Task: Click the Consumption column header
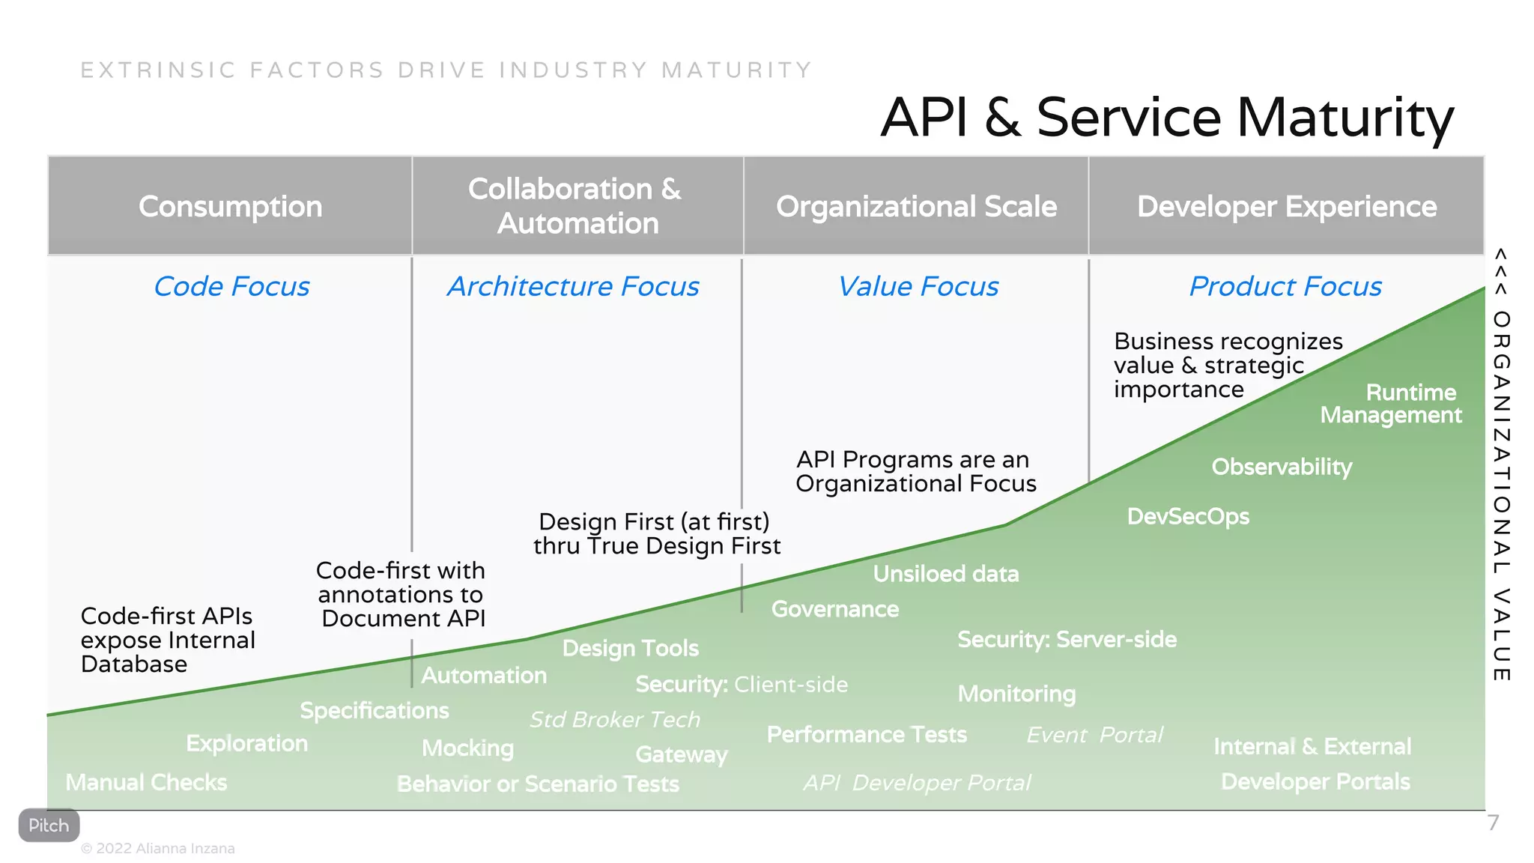[x=230, y=206]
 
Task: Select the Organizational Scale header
[x=916, y=206]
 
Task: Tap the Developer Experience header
[x=1286, y=206]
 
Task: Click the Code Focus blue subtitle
[x=231, y=286]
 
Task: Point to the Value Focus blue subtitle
[x=918, y=286]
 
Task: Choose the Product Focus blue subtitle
[x=1285, y=286]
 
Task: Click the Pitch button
[x=49, y=825]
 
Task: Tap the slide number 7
[x=1493, y=823]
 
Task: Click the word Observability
[x=1282, y=467]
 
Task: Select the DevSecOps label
[x=1188, y=516]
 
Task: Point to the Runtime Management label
[x=1392, y=404]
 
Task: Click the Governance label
[x=835, y=609]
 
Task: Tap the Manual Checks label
[x=146, y=782]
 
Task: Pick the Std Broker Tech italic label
[x=614, y=719]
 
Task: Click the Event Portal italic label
[x=1094, y=734]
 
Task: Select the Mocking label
[x=467, y=748]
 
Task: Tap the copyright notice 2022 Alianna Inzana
[x=158, y=848]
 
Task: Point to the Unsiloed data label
[x=946, y=574]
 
